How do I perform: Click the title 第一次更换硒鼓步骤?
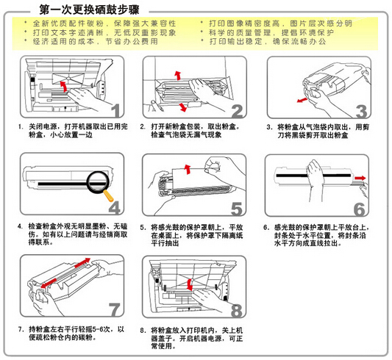(x=95, y=10)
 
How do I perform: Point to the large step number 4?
(x=113, y=206)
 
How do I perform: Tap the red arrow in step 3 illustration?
(x=302, y=98)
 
